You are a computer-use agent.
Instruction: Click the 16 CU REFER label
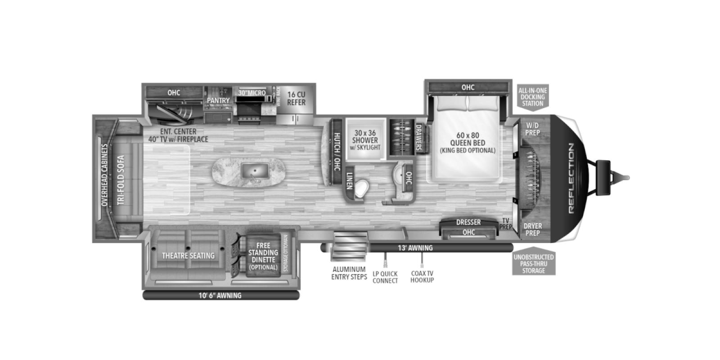296,99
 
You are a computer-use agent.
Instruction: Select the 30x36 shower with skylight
365,139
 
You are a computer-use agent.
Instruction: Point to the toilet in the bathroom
360,189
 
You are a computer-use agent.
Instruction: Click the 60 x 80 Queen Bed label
468,142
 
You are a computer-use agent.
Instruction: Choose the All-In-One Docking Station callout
532,97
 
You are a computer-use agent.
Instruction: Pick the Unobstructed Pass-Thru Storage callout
534,263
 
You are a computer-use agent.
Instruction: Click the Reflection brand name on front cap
571,178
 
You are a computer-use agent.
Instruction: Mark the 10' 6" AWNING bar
220,296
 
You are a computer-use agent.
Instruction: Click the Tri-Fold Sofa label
121,180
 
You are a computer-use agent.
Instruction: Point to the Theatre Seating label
188,256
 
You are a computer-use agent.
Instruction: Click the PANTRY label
218,100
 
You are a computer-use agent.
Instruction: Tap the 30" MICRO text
252,93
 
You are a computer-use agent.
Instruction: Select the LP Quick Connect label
385,277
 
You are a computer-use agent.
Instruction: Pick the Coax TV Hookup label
422,276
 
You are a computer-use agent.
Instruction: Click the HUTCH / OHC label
337,151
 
